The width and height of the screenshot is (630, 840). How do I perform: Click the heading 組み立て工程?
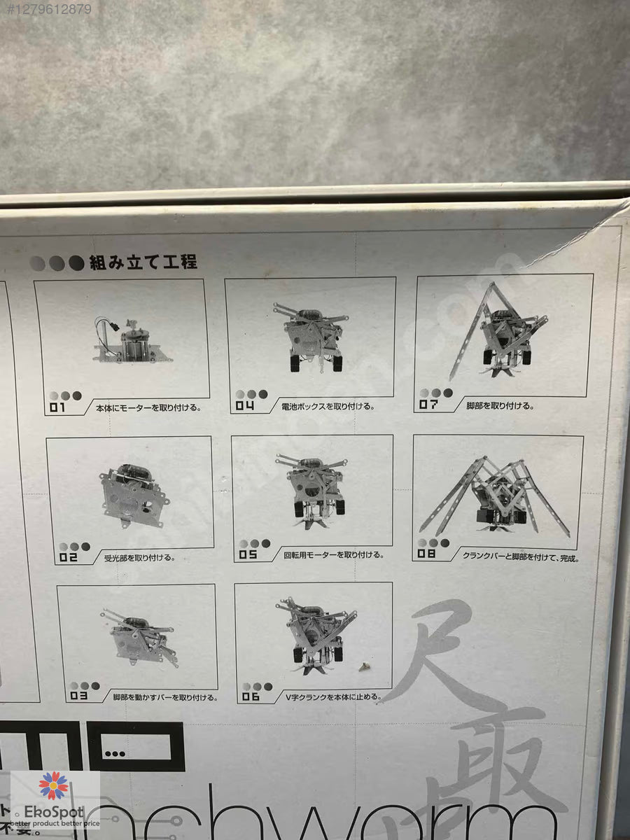(143, 262)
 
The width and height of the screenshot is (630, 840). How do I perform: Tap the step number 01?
(57, 407)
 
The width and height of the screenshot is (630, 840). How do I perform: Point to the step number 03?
(78, 696)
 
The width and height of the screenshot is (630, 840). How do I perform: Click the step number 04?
(244, 405)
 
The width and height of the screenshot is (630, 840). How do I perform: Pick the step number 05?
(248, 555)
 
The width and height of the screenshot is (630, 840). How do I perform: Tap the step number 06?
(251, 697)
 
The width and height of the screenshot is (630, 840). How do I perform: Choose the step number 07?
(428, 405)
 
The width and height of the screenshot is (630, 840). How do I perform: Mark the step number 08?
(426, 554)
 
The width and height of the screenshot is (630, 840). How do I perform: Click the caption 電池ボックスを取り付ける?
(328, 407)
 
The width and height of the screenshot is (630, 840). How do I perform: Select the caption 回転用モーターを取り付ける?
(333, 555)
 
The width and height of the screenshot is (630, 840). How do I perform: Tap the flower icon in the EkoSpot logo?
(53, 785)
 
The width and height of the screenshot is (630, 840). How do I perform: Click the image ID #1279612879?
(46, 9)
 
